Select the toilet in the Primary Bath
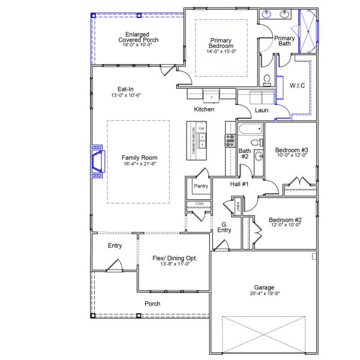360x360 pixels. tap(268, 79)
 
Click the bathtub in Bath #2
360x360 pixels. tap(248, 128)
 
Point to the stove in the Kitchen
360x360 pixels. tap(230, 140)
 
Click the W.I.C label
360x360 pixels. tap(298, 86)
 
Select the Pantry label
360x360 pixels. tap(200, 187)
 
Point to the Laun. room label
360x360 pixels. tap(262, 110)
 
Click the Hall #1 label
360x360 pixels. tap(239, 184)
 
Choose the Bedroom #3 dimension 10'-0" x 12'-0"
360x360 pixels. tap(291, 155)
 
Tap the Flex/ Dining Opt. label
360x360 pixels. tap(175, 258)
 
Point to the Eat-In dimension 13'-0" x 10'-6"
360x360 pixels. tap(130, 95)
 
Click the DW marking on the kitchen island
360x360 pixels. tap(202, 129)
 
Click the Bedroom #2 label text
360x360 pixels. tap(285, 220)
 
